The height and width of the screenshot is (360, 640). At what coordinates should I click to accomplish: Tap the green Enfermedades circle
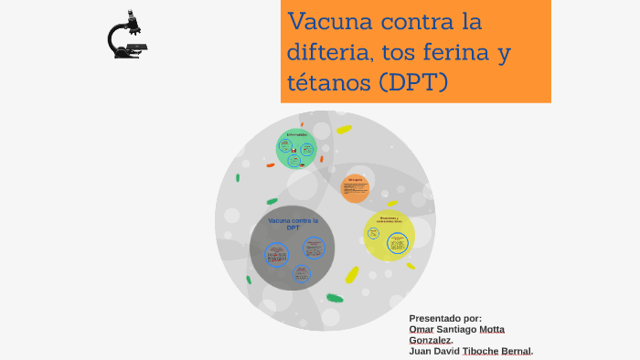click(x=296, y=149)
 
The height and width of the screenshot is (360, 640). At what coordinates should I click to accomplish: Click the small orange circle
click(x=356, y=188)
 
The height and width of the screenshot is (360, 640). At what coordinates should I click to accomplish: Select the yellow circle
click(x=389, y=235)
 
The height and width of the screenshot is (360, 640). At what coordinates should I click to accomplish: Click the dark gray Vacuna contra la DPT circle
click(x=292, y=248)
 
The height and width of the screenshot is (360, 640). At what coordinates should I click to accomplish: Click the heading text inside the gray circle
click(x=293, y=224)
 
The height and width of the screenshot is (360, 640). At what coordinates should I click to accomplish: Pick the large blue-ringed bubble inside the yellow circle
click(x=397, y=242)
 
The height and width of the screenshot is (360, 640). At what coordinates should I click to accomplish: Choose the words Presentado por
click(x=445, y=318)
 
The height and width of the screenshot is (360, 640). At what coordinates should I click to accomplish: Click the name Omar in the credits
click(x=422, y=329)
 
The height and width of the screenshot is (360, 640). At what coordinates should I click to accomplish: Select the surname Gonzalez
click(x=430, y=340)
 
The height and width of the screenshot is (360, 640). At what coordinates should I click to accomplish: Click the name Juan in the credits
click(x=421, y=351)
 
